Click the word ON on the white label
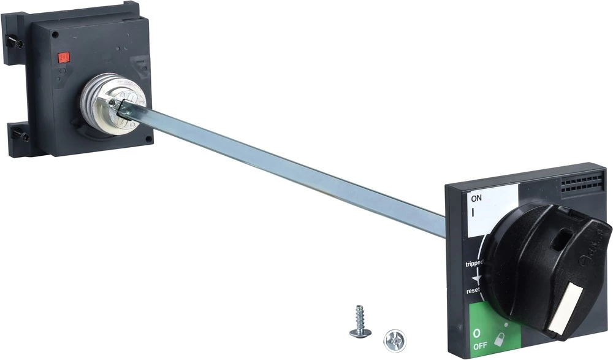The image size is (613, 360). [476, 198]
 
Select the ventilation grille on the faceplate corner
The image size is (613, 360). [582, 182]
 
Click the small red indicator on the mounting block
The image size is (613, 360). [63, 58]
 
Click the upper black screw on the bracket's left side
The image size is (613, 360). [18, 44]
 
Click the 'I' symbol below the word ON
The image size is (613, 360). [473, 212]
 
